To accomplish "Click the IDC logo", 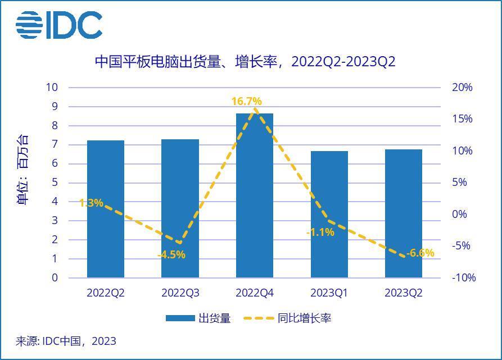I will pyautogui.click(x=58, y=25).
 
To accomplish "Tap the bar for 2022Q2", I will pyautogui.click(x=106, y=209).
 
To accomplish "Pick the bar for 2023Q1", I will pyautogui.click(x=329, y=214).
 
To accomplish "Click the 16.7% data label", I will pyautogui.click(x=246, y=102).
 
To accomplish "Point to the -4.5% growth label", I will pyautogui.click(x=171, y=255).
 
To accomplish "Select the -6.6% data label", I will pyautogui.click(x=420, y=253).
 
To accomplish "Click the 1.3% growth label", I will pyautogui.click(x=91, y=203).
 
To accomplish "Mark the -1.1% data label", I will pyautogui.click(x=320, y=232).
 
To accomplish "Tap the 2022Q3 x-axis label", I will pyautogui.click(x=180, y=293).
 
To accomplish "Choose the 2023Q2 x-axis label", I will pyautogui.click(x=403, y=293).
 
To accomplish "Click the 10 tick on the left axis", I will pyautogui.click(x=52, y=88).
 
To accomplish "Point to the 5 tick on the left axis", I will pyautogui.click(x=55, y=183).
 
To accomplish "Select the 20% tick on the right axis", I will pyautogui.click(x=462, y=88).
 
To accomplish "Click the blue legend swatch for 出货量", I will pyautogui.click(x=180, y=318).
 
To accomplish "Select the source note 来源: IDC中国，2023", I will pyautogui.click(x=66, y=341).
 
